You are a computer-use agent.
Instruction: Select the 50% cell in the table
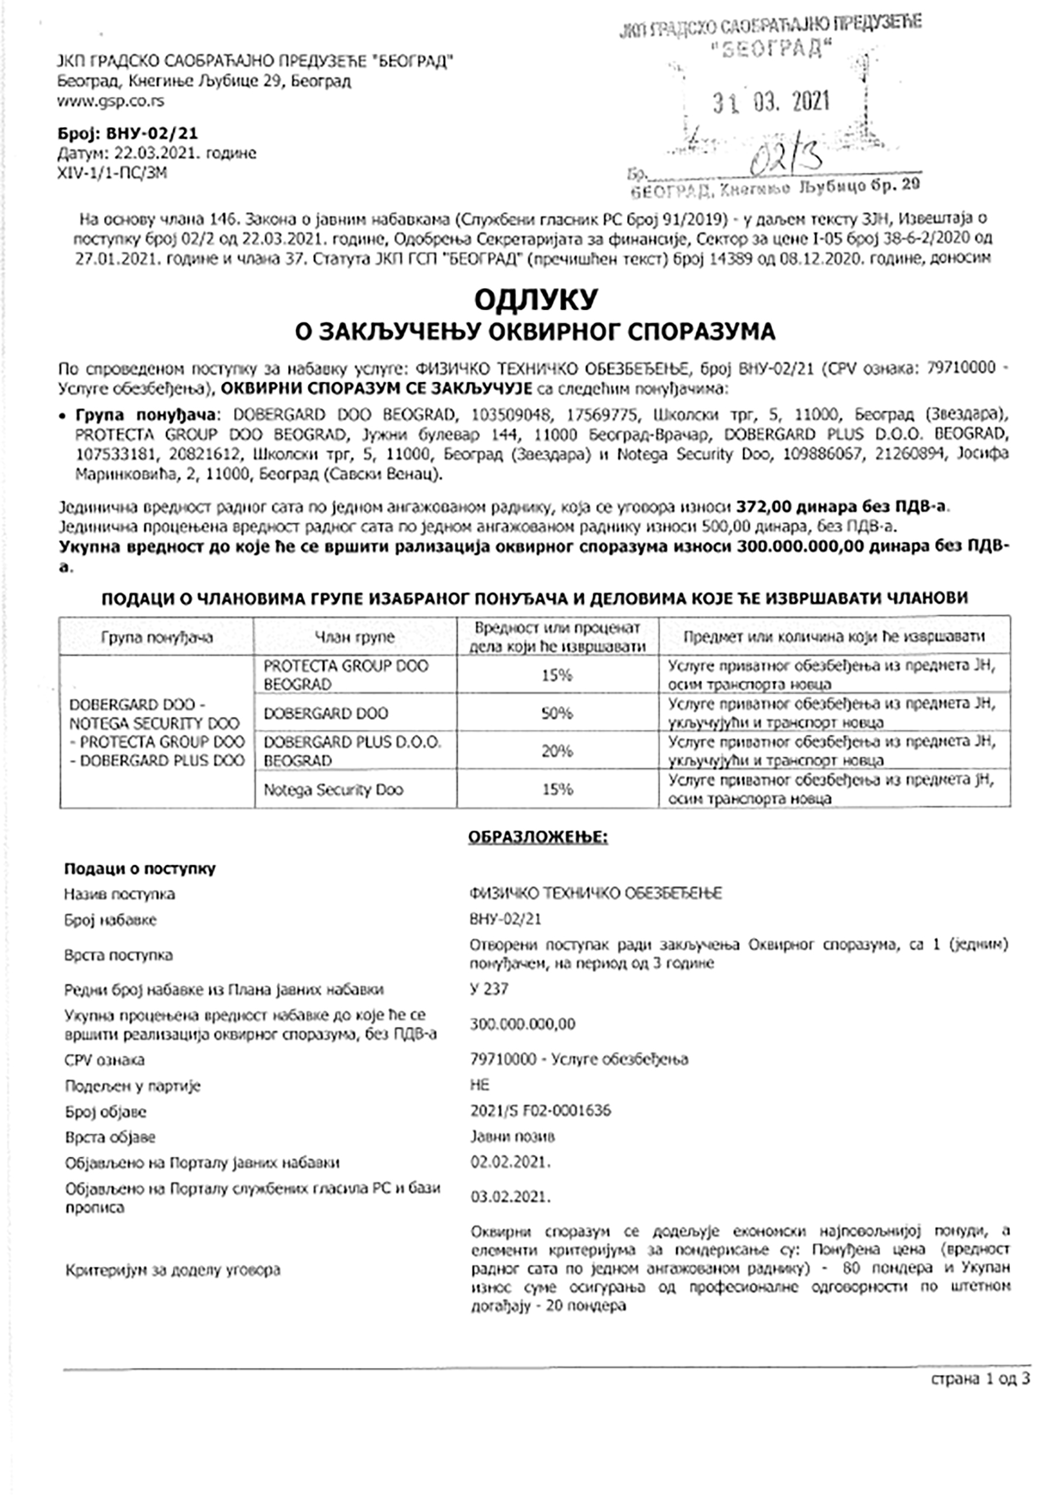coord(556,713)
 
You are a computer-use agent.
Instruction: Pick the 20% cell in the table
coord(556,751)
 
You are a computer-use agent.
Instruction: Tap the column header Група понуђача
coord(157,636)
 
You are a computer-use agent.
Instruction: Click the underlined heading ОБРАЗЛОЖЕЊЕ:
coord(538,837)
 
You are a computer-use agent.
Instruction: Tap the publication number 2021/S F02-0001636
coord(540,1110)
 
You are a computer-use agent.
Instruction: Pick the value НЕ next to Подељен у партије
coord(479,1084)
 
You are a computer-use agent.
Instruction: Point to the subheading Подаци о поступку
coord(140,869)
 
